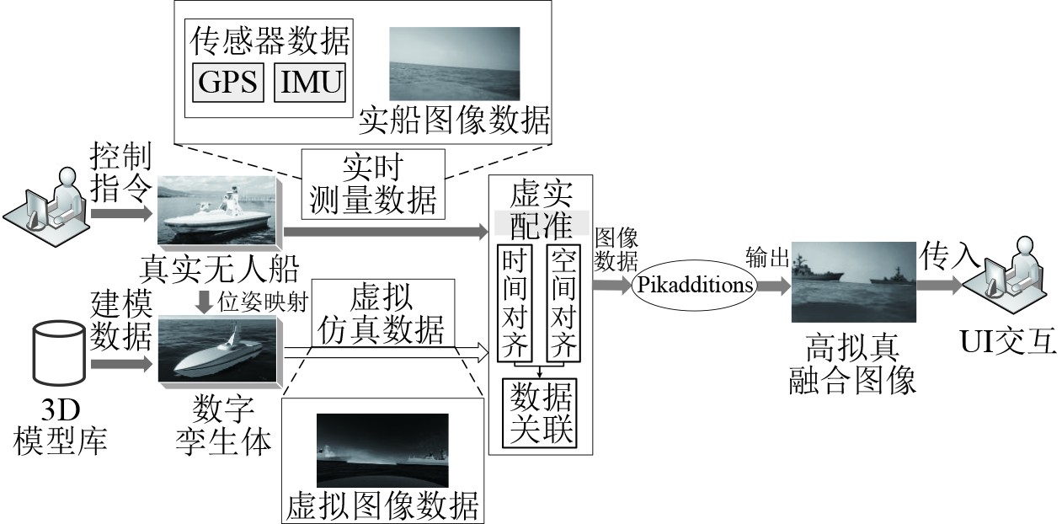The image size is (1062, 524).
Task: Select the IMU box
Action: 311,83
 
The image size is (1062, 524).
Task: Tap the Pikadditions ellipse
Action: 696,285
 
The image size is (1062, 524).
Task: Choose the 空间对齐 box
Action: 563,302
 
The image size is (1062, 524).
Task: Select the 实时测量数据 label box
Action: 372,184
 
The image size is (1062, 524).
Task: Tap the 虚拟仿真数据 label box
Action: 382,314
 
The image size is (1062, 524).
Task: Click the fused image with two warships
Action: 851,283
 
